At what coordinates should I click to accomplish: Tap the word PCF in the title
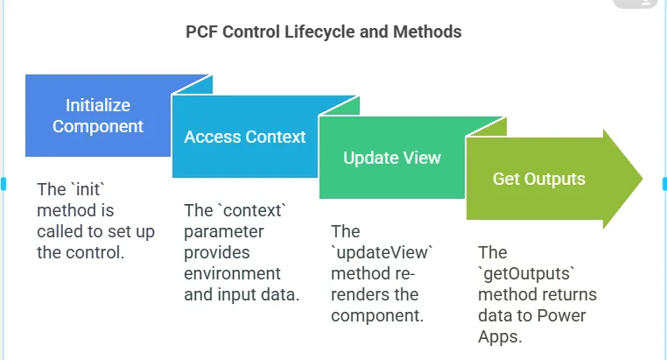tap(201, 32)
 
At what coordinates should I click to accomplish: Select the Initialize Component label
tap(98, 116)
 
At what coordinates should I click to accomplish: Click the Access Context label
tap(245, 137)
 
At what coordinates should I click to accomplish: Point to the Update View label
tap(392, 158)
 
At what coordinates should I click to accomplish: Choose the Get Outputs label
tap(539, 179)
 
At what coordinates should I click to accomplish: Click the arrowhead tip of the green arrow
tap(642, 179)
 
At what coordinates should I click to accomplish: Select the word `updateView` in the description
tap(382, 252)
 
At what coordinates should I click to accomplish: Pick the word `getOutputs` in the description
tap(527, 273)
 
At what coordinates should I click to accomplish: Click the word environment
tap(232, 273)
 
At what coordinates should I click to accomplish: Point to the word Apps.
tap(500, 336)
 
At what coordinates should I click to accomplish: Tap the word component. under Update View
tap(377, 315)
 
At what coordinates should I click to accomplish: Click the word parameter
tap(224, 232)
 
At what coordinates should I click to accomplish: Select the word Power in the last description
tap(561, 315)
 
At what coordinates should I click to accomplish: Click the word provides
tap(217, 253)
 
